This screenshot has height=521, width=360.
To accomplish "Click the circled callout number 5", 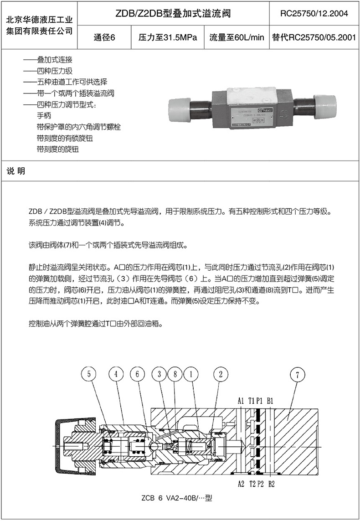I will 89,375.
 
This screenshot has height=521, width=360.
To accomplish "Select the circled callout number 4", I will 117,375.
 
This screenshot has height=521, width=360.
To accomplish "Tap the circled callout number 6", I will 137,375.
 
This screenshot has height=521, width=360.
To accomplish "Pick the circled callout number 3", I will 159,375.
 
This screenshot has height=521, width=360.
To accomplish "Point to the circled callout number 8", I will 175,375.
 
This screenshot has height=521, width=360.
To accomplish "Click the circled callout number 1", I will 191,375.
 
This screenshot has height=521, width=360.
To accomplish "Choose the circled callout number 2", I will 221,375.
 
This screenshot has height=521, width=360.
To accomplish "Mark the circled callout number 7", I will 297,375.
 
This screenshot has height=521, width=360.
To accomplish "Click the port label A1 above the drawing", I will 241,401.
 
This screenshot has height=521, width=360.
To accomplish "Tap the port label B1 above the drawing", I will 270,401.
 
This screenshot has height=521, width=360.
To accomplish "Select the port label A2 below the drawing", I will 241,484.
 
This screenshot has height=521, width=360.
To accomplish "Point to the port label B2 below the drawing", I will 271,484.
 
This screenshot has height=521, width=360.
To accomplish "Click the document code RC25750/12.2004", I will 314,14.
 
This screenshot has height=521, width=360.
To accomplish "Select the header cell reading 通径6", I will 104,38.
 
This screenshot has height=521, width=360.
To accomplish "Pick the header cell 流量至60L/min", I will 237,38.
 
